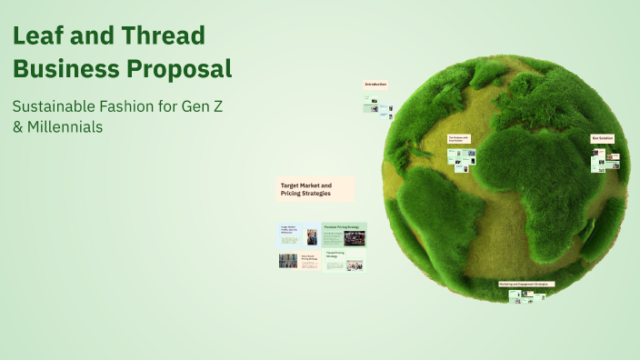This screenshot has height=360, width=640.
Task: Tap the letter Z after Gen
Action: click(x=216, y=105)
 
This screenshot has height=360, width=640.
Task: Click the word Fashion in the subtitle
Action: click(x=133, y=105)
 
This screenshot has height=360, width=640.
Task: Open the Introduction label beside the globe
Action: click(x=375, y=85)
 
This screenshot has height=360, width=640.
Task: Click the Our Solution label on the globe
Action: click(x=603, y=138)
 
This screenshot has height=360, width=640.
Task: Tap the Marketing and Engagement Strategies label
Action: click(x=526, y=284)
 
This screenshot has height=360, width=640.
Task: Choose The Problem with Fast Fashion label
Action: click(x=458, y=140)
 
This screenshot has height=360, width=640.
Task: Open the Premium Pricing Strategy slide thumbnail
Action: click(x=344, y=235)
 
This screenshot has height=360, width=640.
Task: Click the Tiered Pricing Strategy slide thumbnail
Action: click(x=344, y=261)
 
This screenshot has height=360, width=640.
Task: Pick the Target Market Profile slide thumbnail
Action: click(x=298, y=235)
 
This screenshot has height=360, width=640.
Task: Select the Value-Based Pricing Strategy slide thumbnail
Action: click(x=298, y=261)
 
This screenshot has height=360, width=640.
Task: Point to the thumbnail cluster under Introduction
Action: click(x=378, y=110)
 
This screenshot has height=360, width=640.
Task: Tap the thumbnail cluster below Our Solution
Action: click(x=605, y=160)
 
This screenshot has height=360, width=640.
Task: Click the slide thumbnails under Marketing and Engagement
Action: click(x=526, y=295)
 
